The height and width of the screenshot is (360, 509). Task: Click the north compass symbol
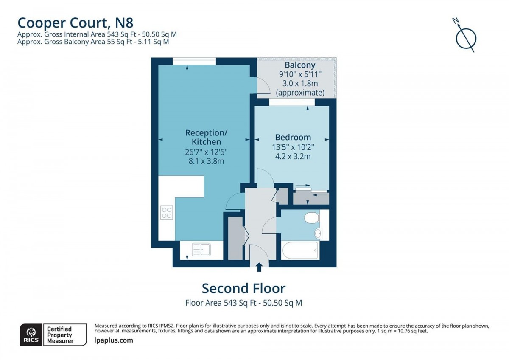466,37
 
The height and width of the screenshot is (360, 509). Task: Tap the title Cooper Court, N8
72,22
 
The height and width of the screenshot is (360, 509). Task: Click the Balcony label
300,65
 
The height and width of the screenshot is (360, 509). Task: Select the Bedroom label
293,137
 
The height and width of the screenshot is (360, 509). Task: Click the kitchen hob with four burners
166,212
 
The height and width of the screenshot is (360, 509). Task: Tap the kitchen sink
201,249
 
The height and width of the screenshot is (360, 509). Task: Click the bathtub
300,250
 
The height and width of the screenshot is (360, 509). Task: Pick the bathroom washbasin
319,233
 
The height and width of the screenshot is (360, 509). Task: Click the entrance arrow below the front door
259,266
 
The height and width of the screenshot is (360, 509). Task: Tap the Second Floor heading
243,288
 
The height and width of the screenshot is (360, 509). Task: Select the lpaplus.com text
113,340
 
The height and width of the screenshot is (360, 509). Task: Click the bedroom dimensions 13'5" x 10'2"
293,147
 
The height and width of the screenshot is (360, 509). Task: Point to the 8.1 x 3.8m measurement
203,161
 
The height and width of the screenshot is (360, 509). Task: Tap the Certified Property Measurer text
59,335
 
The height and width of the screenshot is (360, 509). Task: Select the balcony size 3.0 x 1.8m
300,84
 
